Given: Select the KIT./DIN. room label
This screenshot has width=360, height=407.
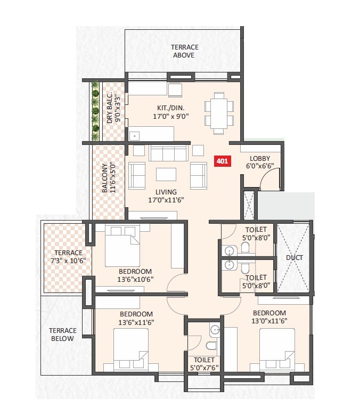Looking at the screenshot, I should pos(171,111).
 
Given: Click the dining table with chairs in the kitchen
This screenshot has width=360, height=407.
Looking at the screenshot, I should pos(219,113).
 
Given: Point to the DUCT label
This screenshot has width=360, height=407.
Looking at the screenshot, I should pos(294,258).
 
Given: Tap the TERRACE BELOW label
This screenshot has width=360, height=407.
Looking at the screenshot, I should pos(63,334).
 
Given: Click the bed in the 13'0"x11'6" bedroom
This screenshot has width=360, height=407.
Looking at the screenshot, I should pos(277,348).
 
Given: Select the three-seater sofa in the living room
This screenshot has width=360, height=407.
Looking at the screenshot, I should pos(169,153).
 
